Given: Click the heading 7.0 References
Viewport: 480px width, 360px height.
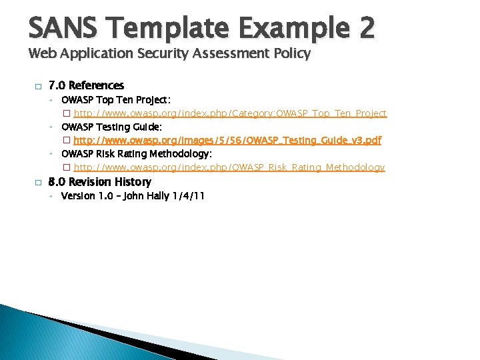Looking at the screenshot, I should pyautogui.click(x=86, y=85).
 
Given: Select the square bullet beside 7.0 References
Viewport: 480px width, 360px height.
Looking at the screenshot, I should pyautogui.click(x=38, y=86).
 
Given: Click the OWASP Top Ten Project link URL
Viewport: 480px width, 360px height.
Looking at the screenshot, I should pyautogui.click(x=230, y=113).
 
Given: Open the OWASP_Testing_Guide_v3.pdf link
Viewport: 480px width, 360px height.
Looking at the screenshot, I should pyautogui.click(x=227, y=141).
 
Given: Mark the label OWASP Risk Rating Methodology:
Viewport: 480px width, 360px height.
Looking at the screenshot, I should pyautogui.click(x=137, y=154).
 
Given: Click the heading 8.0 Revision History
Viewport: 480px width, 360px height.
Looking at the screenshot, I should pyautogui.click(x=100, y=182).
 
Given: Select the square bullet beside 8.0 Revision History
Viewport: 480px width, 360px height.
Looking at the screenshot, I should pyautogui.click(x=38, y=182).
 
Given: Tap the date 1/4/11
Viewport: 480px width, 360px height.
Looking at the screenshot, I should pyautogui.click(x=188, y=196).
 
